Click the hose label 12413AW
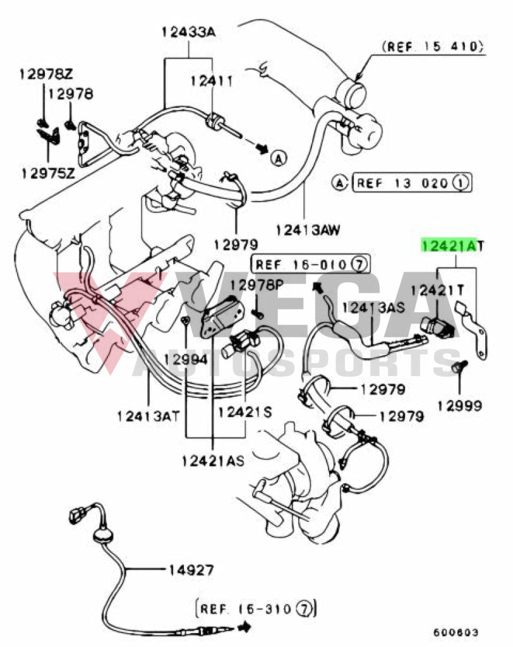tap(308, 230)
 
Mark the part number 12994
tap(185, 360)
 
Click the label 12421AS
tap(214, 461)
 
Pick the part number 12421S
tap(244, 412)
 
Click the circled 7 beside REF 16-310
tap(305, 609)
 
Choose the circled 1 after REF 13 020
tap(461, 184)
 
